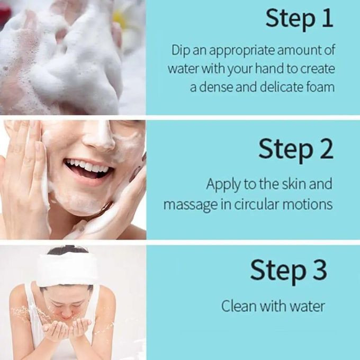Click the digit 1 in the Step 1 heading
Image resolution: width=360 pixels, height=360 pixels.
coord(328,18)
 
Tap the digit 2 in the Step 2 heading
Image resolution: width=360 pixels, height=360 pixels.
coord(326,149)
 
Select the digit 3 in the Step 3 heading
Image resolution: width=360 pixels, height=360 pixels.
coord(319,269)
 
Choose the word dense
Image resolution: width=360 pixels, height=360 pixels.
coord(216,87)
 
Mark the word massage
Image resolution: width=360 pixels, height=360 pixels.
coord(191,205)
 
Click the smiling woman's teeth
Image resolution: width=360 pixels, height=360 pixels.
coord(88,166)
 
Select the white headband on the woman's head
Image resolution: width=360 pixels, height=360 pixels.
coord(67,270)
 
